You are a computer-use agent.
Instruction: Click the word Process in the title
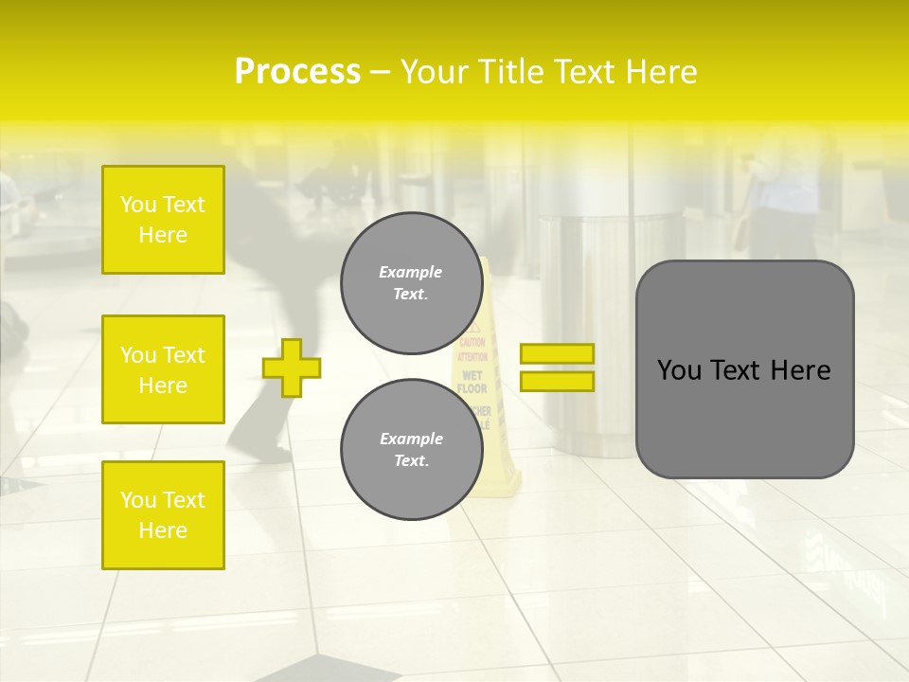click(x=297, y=72)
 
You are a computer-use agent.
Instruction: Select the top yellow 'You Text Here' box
click(x=163, y=220)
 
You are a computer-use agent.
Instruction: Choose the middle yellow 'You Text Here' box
click(x=163, y=369)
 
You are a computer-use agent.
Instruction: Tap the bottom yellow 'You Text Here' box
click(x=163, y=514)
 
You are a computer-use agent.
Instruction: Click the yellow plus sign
click(x=292, y=368)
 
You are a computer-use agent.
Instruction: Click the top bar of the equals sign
click(x=557, y=353)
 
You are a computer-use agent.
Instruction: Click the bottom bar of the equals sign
click(x=557, y=381)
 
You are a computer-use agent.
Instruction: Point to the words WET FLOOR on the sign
click(x=472, y=382)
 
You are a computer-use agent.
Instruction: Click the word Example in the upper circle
click(x=411, y=272)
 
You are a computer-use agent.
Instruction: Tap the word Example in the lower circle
click(x=411, y=439)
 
